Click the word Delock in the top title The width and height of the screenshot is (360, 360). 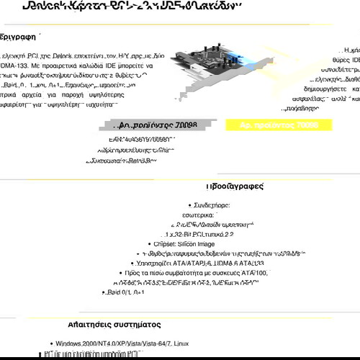[x=42, y=6]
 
